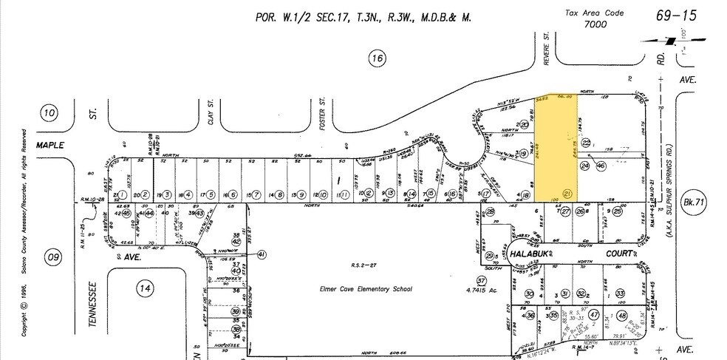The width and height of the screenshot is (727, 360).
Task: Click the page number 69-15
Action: (x=676, y=16)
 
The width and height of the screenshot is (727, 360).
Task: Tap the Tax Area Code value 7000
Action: (x=593, y=24)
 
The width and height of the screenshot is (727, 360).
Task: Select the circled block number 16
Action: (x=378, y=59)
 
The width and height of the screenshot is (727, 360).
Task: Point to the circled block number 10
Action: (x=50, y=112)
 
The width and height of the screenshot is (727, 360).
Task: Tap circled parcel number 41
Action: (x=262, y=254)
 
